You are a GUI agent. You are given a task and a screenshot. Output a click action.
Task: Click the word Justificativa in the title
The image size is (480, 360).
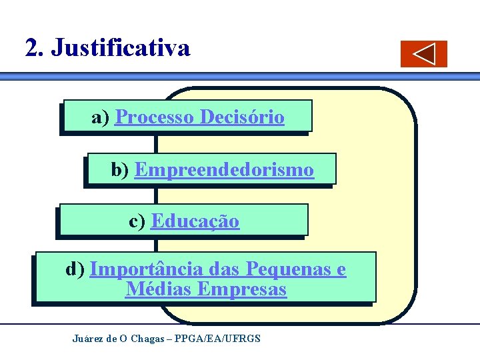121,48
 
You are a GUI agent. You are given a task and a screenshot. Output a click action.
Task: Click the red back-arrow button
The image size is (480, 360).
424,54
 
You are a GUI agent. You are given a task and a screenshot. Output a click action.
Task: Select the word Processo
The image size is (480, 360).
155,118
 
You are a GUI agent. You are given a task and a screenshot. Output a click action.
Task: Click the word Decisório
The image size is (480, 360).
242,118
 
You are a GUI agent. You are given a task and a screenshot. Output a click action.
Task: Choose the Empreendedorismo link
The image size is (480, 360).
224,171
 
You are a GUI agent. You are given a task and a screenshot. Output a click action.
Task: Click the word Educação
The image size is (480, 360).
195,221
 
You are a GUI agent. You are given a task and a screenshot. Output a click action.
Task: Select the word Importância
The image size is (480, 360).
146,269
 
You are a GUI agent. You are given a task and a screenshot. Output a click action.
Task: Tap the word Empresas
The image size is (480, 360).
243,290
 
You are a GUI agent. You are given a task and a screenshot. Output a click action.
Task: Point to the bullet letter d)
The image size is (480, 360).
75,269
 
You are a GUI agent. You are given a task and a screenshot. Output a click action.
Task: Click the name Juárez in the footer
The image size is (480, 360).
88,339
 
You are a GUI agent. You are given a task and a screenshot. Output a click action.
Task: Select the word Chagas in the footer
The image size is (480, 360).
147,339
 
